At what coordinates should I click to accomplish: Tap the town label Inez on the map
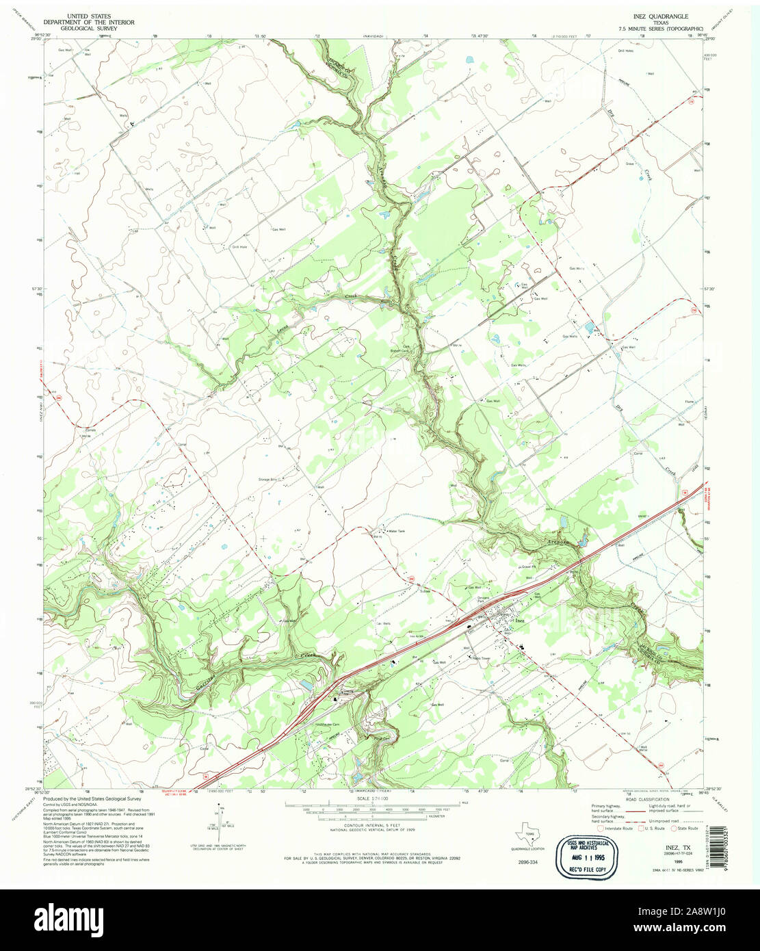pyautogui.click(x=519, y=620)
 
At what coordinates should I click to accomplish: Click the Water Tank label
pyautogui.click(x=397, y=531)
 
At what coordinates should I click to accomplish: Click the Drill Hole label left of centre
pyautogui.click(x=239, y=247)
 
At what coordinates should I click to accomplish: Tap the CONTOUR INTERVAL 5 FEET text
pyautogui.click(x=369, y=826)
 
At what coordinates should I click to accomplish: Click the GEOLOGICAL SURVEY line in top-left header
pyautogui.click(x=88, y=29)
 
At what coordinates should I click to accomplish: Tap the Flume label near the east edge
pyautogui.click(x=689, y=403)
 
